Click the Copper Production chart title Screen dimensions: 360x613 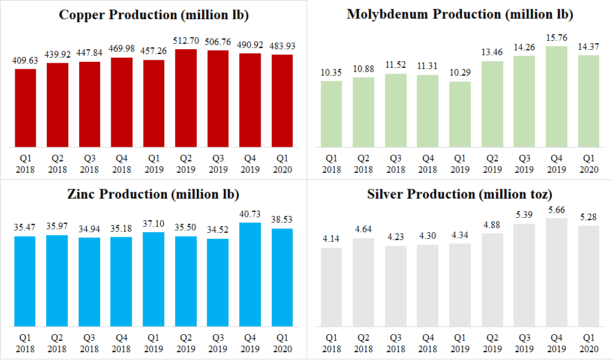tap(154, 15)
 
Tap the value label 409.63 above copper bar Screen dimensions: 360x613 tap(25, 61)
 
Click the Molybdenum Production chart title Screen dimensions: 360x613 tap(459, 15)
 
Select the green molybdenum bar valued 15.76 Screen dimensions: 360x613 tap(556, 97)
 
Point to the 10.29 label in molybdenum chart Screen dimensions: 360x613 tap(459, 73)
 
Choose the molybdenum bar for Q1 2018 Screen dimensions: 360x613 tap(331, 114)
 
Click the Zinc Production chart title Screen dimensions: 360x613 tap(154, 194)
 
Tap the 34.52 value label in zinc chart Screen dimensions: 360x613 tap(218, 230)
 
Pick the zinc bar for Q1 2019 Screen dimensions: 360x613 tap(154, 280)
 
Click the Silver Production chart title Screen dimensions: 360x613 tap(459, 194)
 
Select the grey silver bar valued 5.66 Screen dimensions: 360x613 tap(556, 272)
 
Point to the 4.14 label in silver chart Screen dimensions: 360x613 tap(331, 239)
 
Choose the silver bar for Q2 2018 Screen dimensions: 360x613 tap(363, 283)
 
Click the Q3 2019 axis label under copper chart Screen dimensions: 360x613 tap(218, 164)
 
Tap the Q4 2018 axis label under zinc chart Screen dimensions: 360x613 tap(122, 344)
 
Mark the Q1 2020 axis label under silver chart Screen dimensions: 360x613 tap(588, 344)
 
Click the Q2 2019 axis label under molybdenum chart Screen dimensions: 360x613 tap(492, 164)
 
